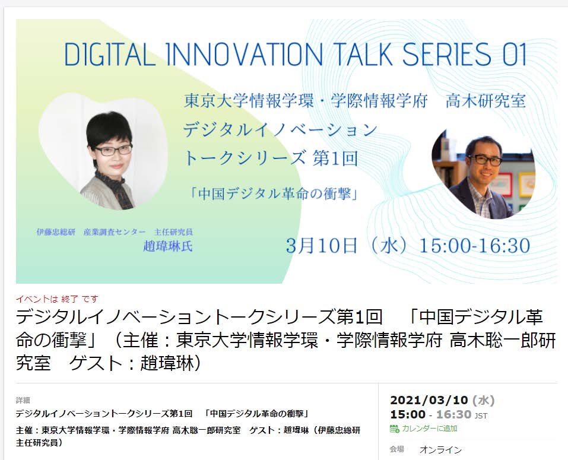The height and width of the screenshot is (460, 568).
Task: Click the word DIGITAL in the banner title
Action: click(x=110, y=55)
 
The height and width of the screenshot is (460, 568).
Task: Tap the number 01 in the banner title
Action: click(x=514, y=55)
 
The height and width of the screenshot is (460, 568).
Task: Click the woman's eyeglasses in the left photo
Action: click(x=113, y=150)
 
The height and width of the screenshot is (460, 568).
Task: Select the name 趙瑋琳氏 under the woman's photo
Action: click(x=168, y=246)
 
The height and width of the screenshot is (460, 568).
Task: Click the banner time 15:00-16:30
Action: click(x=475, y=246)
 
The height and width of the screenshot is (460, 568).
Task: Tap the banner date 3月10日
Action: click(x=322, y=246)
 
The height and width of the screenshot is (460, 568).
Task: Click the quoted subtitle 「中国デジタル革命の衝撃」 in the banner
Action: click(x=275, y=194)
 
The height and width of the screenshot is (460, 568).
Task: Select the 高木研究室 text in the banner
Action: click(x=486, y=101)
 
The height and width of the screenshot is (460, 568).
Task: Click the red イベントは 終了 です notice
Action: click(x=57, y=299)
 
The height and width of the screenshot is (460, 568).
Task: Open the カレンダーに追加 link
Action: click(x=430, y=429)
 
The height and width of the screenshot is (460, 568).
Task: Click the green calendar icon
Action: click(x=395, y=429)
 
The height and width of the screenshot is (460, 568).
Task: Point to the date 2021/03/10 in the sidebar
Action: click(x=429, y=400)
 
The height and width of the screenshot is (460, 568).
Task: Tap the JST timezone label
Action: click(x=481, y=416)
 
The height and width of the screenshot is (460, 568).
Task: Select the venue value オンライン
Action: click(x=440, y=450)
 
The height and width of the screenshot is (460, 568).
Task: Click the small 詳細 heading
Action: click(x=23, y=400)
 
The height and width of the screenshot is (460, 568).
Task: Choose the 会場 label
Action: click(x=396, y=449)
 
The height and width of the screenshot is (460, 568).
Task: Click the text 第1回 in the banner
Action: click(x=335, y=158)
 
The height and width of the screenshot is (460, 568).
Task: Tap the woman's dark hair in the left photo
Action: click(x=109, y=128)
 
